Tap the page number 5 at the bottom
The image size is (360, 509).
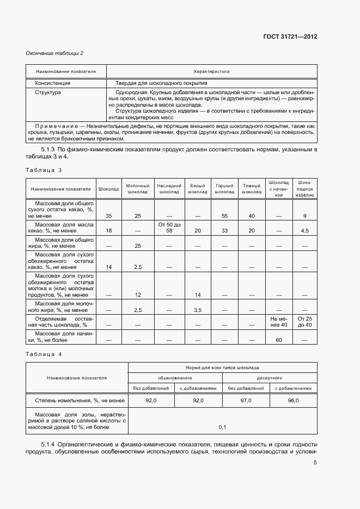point(315,463)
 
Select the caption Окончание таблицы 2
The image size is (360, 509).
point(54,53)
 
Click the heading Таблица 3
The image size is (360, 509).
point(44,170)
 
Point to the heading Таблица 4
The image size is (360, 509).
point(44,354)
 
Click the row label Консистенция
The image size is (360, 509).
point(53,83)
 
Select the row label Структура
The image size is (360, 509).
point(48,93)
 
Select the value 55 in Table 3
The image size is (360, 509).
point(224,216)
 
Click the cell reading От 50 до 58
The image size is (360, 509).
point(169,228)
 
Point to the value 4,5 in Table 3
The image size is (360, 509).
point(304,231)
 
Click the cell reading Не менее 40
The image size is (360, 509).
point(278,321)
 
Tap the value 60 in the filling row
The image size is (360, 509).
point(278,340)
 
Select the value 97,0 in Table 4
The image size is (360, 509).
point(246,400)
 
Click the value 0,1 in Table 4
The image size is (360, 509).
point(222,427)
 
